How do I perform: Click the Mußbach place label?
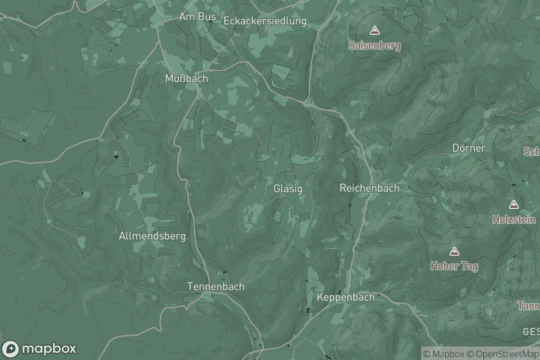point(186,78)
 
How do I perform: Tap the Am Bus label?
point(197,17)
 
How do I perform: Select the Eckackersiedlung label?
point(265,21)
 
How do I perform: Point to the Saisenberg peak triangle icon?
point(374,31)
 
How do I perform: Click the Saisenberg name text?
point(374,45)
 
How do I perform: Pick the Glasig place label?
point(288,189)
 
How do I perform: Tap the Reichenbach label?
point(369,188)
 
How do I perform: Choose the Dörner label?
point(468,148)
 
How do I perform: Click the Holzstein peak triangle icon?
point(513,205)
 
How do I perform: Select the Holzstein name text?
point(514,220)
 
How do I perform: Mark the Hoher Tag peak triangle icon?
point(454,251)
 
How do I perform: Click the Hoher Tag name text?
point(454,266)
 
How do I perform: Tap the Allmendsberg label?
point(152,236)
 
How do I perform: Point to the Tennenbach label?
point(216,286)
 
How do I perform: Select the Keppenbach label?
point(346,297)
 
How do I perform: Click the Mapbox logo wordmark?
point(49,349)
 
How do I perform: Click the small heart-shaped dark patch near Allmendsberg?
point(117,157)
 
